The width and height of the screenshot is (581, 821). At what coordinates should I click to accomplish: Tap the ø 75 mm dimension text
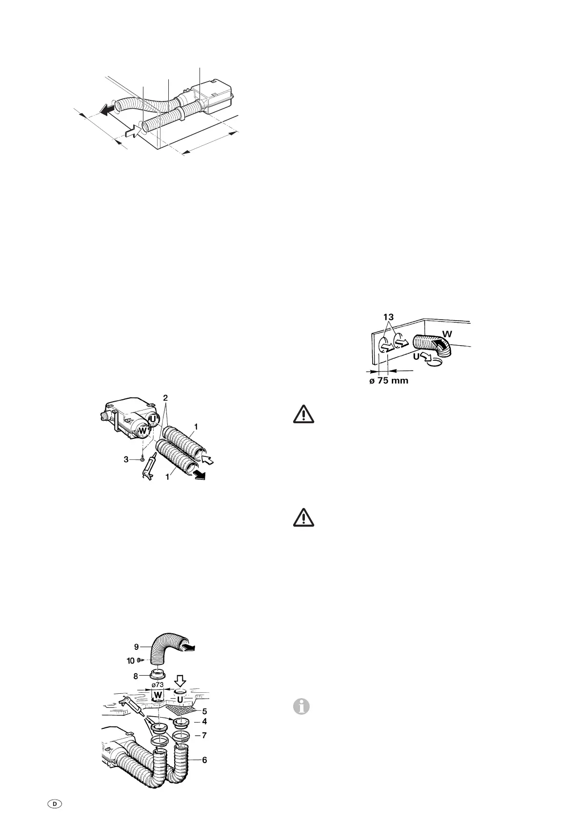[x=388, y=381]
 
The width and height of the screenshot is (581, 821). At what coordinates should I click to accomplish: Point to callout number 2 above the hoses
[x=166, y=398]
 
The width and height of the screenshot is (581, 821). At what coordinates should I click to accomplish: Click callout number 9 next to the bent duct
[x=138, y=646]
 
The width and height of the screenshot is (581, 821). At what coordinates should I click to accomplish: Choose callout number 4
[x=204, y=721]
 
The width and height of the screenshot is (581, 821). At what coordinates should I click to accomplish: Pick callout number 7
[x=204, y=735]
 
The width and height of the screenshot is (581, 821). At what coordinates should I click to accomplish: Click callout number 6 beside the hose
[x=204, y=760]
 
